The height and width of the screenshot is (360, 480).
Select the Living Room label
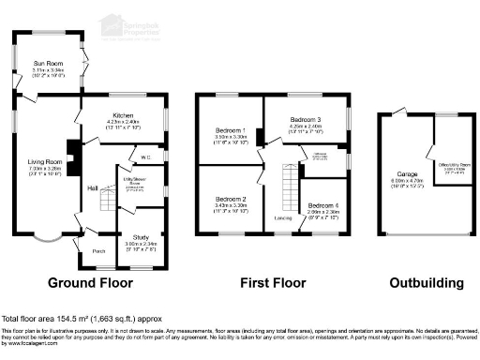click(44, 160)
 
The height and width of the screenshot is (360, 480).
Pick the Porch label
click(97, 251)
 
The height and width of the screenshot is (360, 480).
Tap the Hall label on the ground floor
click(94, 188)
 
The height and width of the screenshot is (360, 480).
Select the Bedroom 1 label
click(229, 133)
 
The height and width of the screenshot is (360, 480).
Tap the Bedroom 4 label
click(322, 204)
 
